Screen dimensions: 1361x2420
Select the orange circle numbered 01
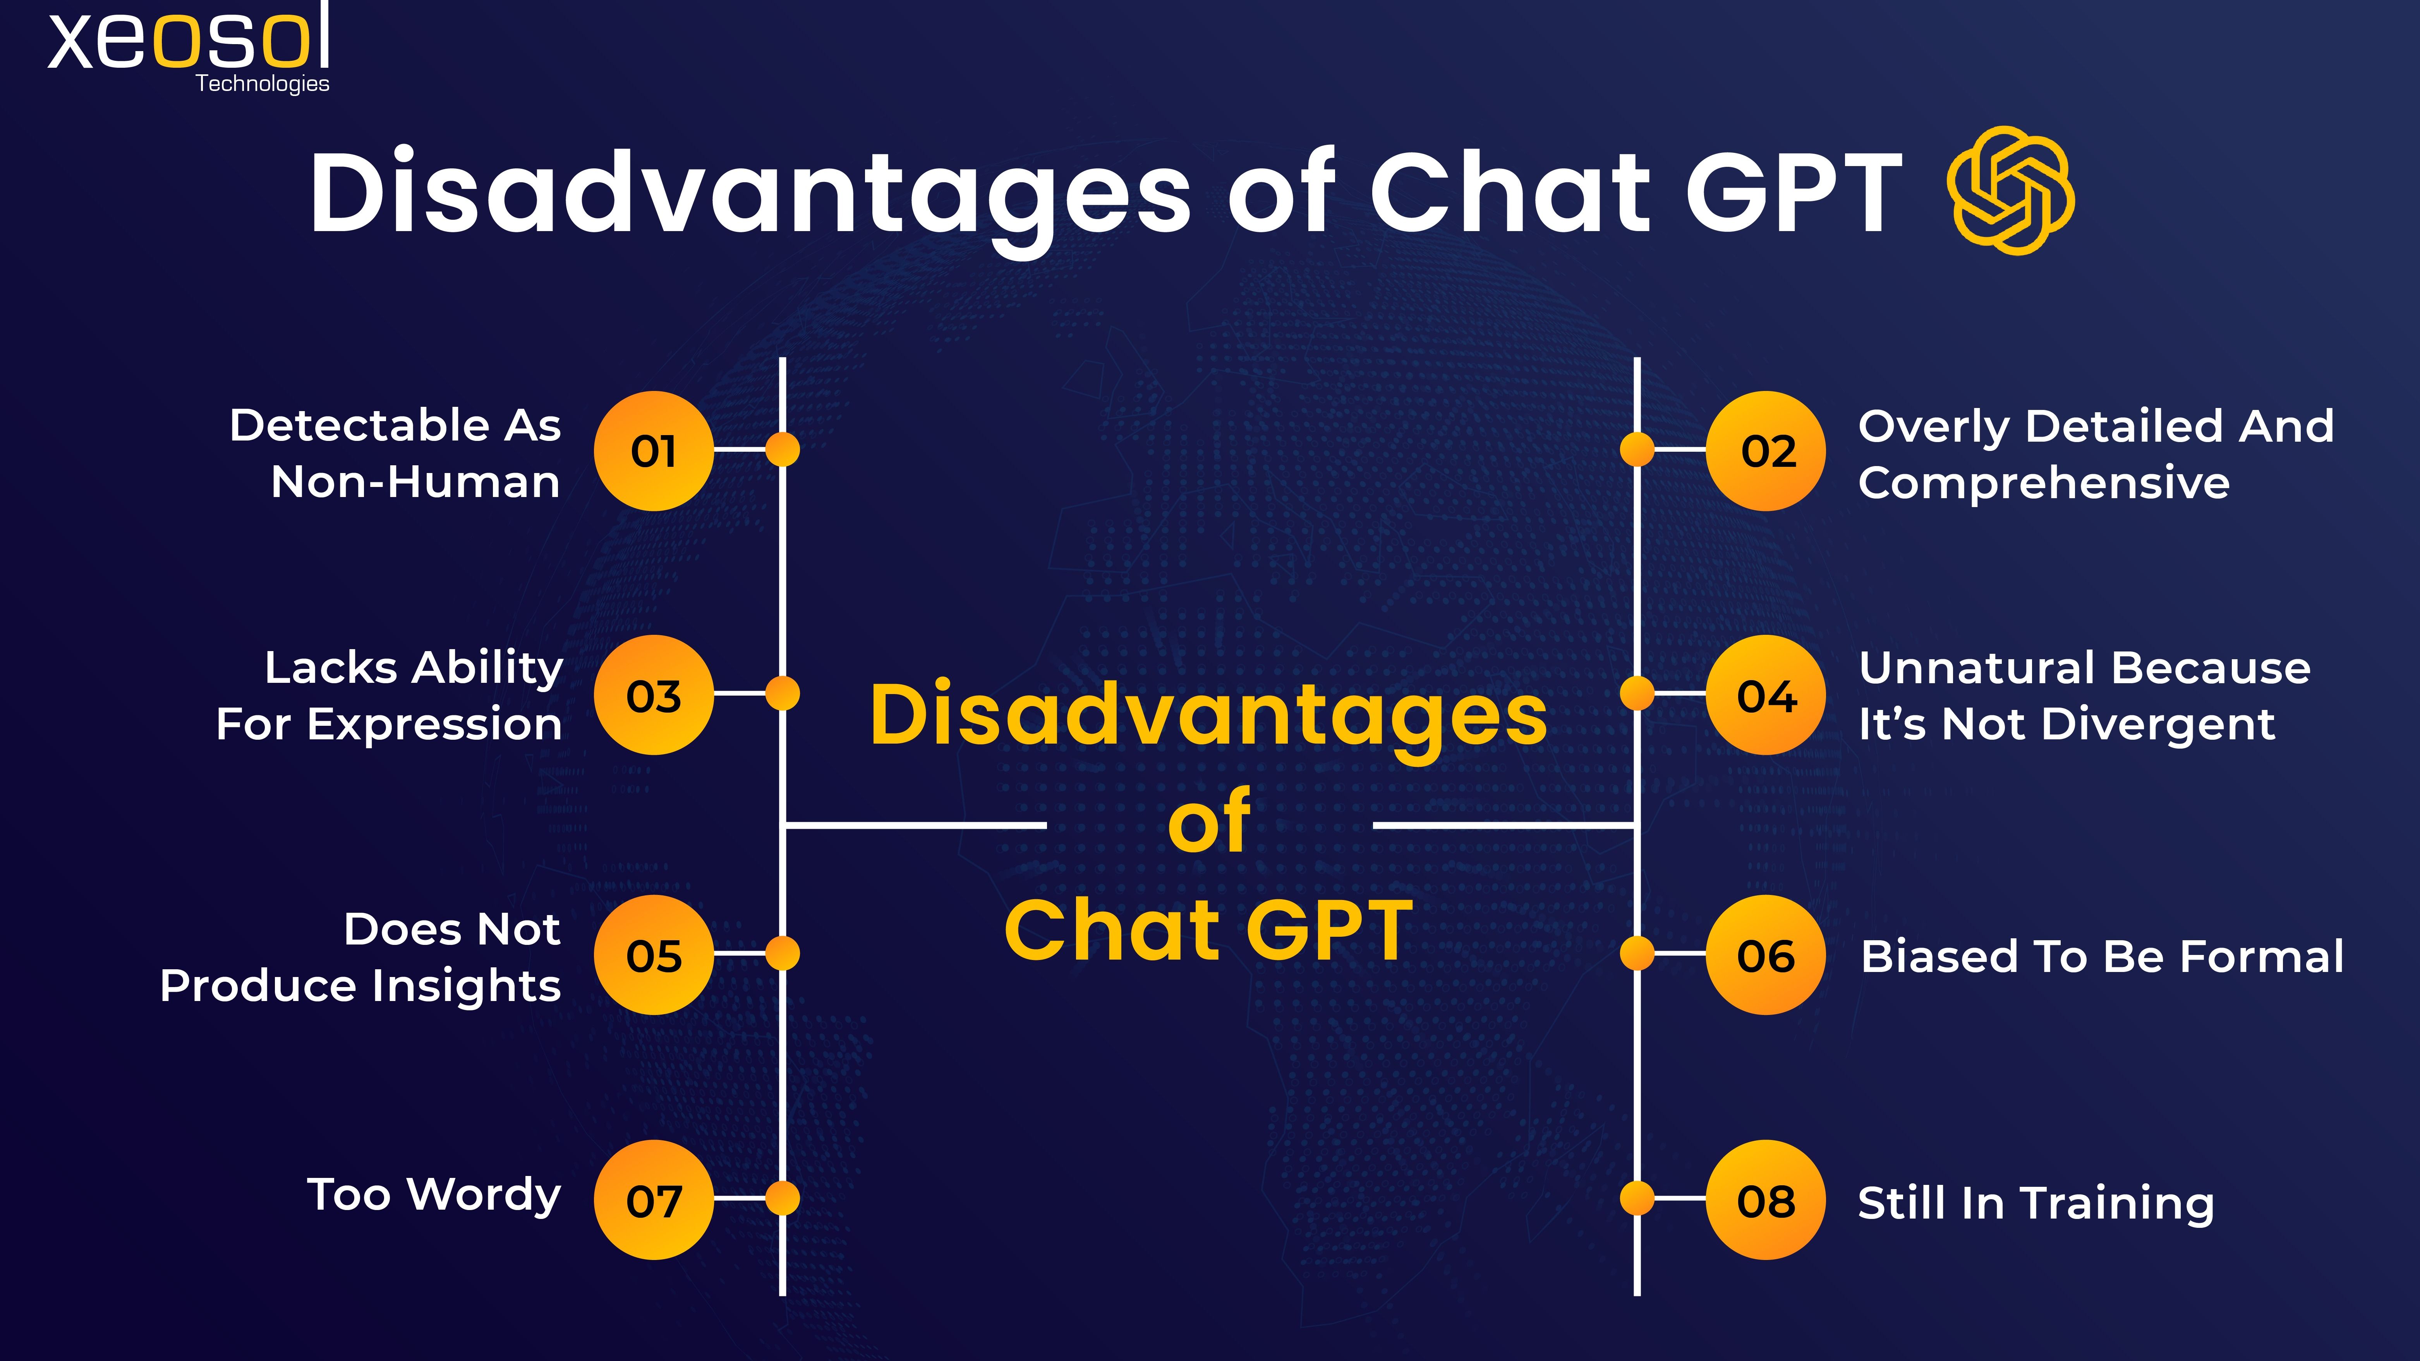654,451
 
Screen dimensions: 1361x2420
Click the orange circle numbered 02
1766,451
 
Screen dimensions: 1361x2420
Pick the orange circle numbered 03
654,695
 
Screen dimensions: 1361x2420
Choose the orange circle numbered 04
1766,695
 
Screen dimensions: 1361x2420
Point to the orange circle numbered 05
654,955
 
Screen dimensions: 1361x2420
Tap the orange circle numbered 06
1766,955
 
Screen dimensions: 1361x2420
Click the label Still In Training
2036,1203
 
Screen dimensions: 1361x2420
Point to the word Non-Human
415,483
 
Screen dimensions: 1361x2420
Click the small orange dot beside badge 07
782,1198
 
